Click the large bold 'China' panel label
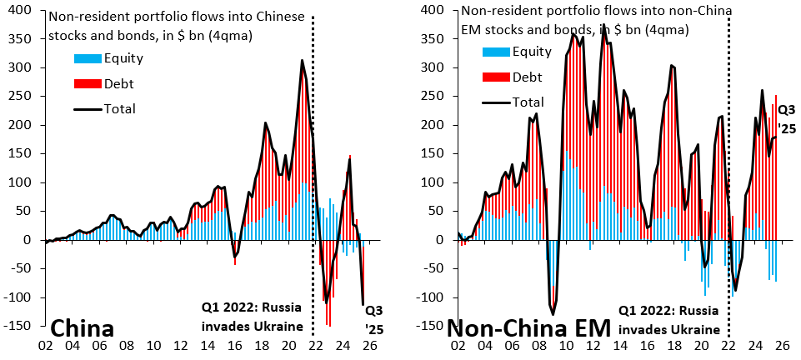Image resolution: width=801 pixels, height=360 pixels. pos(83,327)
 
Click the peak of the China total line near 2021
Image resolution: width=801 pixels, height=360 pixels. pos(303,60)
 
